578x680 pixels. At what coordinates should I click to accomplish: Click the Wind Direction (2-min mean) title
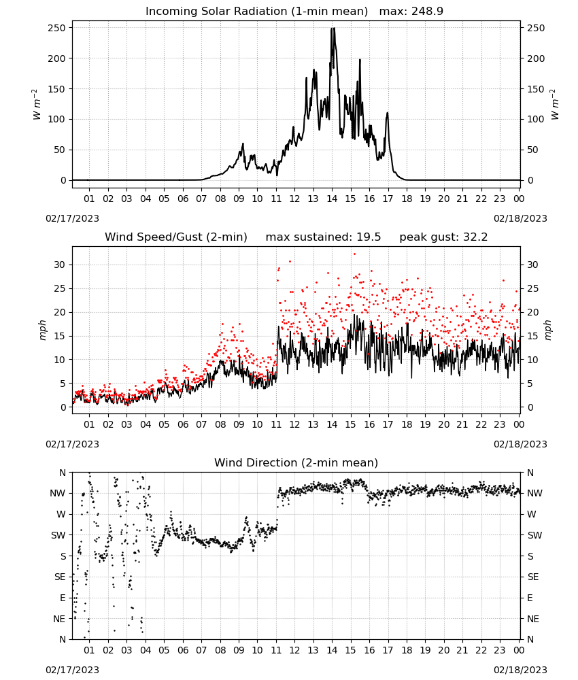tap(296, 462)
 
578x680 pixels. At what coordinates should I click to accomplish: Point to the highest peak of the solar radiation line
tap(332, 28)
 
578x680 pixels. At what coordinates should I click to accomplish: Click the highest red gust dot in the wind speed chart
tap(354, 254)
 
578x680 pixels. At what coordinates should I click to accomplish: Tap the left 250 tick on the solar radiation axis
tap(57, 28)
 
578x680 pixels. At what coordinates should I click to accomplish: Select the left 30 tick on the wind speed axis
tap(60, 265)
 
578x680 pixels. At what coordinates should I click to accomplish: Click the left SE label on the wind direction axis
tap(60, 577)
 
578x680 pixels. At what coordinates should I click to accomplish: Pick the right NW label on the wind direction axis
tap(534, 494)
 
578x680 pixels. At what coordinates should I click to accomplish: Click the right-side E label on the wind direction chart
tap(530, 598)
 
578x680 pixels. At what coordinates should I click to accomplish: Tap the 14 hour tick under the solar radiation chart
tap(332, 199)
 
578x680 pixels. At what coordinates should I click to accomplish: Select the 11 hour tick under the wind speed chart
tap(276, 424)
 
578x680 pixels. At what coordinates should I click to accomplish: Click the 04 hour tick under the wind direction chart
tap(146, 651)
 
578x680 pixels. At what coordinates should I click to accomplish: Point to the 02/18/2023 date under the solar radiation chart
tap(520, 218)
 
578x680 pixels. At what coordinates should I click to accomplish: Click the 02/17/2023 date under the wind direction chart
tap(72, 670)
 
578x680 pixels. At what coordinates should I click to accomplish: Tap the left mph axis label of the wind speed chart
tap(42, 330)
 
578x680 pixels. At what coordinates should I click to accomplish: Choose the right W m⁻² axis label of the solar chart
tap(555, 105)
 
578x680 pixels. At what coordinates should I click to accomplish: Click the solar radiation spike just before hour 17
tap(387, 114)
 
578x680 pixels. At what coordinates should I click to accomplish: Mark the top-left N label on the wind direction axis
tap(63, 473)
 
